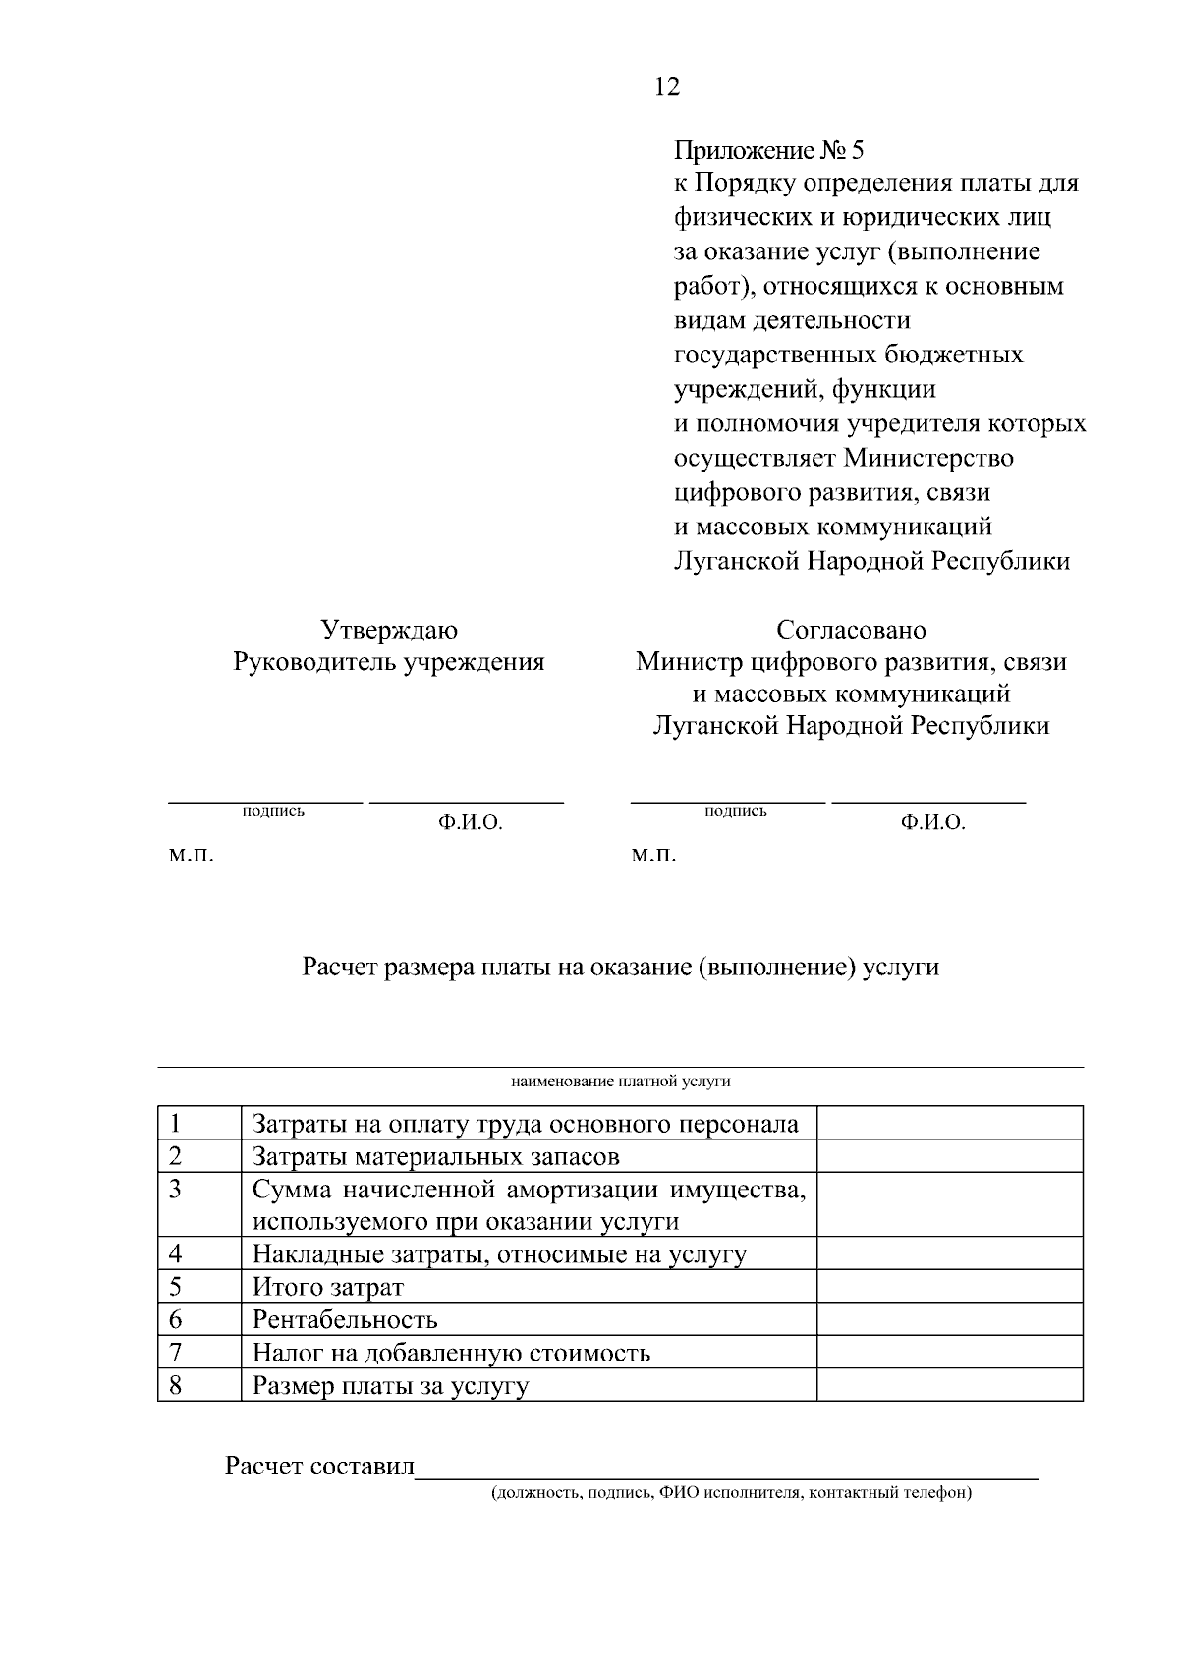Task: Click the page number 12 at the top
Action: click(x=665, y=87)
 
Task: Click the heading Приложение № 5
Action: click(x=768, y=151)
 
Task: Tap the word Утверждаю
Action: click(x=389, y=630)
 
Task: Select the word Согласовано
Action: click(x=851, y=630)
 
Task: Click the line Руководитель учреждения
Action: click(x=389, y=662)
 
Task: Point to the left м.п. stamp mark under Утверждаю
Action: click(x=191, y=856)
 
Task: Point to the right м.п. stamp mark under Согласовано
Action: click(x=653, y=856)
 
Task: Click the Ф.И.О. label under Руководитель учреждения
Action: click(x=471, y=824)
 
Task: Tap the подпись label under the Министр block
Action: click(x=736, y=811)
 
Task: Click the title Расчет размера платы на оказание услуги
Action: click(x=620, y=968)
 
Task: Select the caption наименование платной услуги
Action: click(x=620, y=1082)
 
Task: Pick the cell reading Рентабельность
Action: click(x=345, y=1320)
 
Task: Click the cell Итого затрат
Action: click(x=328, y=1288)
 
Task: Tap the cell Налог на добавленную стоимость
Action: click(x=451, y=1354)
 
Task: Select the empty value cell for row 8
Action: click(x=949, y=1385)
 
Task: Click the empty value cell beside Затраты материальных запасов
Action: click(x=949, y=1156)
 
